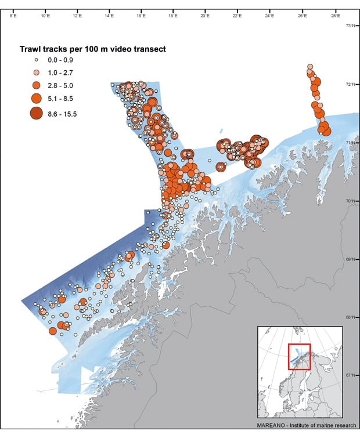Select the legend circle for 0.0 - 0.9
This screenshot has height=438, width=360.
tap(36, 60)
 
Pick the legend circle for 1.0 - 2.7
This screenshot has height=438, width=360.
tap(36, 72)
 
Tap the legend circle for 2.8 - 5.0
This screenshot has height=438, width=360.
tap(36, 85)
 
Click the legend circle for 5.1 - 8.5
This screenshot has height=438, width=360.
tap(36, 97)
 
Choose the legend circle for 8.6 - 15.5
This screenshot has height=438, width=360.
tap(36, 113)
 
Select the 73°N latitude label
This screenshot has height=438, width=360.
tap(351, 26)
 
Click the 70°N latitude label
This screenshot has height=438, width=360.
tap(351, 201)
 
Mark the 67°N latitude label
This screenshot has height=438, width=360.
tap(351, 375)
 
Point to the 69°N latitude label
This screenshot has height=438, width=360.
tap(351, 259)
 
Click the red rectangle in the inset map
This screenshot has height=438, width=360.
tap(299, 356)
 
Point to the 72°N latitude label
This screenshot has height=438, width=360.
tap(351, 84)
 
